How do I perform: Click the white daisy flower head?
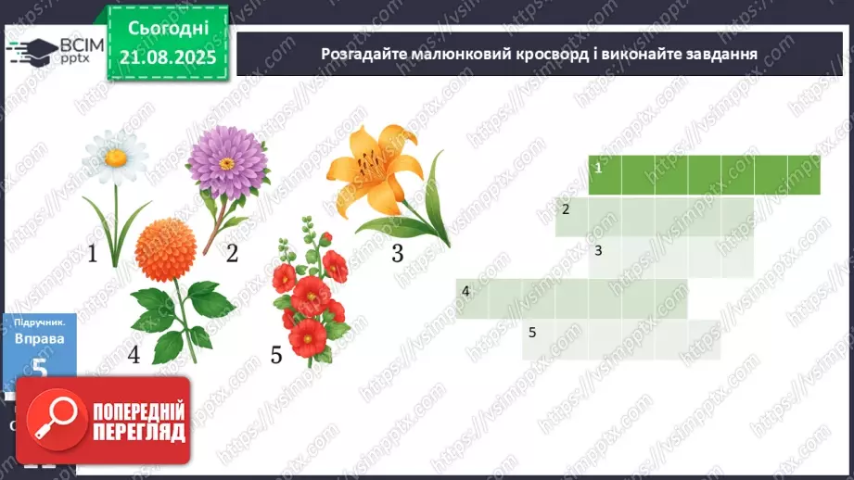(114, 156)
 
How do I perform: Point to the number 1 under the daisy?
(92, 253)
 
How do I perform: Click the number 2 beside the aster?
(232, 252)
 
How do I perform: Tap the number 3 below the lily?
(397, 253)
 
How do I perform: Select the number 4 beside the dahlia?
(134, 354)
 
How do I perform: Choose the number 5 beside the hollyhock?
(275, 354)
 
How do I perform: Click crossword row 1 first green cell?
(605, 175)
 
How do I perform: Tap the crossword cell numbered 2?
(572, 216)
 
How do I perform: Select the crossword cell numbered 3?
(605, 257)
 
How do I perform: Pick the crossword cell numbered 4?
(472, 297)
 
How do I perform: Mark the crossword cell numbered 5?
(539, 338)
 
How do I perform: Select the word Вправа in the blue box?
(39, 339)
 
